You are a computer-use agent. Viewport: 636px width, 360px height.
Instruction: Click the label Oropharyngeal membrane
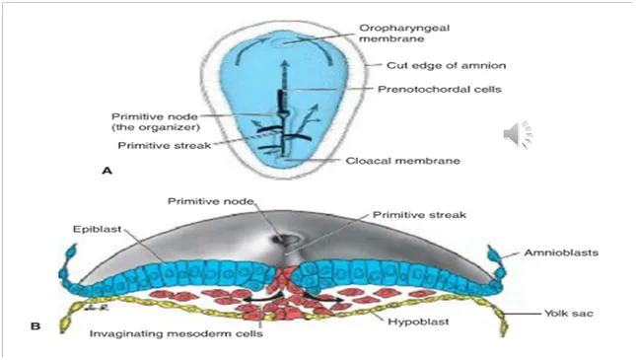(x=404, y=34)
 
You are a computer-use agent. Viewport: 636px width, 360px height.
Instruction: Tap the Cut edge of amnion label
(x=446, y=65)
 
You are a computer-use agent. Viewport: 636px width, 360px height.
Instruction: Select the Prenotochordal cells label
(x=439, y=90)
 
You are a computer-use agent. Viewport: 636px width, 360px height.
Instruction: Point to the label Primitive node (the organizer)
(x=156, y=121)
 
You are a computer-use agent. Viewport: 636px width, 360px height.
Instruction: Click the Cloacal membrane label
(x=402, y=161)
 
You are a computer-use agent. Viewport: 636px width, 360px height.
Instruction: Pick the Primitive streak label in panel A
(x=165, y=145)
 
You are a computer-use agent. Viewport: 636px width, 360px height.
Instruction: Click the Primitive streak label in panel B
(x=419, y=215)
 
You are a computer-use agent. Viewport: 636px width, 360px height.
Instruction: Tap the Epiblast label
(x=97, y=229)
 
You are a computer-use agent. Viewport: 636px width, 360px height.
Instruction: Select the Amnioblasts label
(x=561, y=252)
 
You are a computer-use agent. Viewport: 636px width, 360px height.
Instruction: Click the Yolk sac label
(x=569, y=314)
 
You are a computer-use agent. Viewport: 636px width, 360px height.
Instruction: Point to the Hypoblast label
(x=418, y=323)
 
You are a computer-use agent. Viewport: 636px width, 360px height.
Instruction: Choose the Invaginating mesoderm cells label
(x=177, y=333)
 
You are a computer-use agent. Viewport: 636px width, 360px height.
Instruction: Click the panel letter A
(x=106, y=171)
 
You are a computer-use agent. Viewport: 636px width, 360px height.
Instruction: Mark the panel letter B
(x=35, y=325)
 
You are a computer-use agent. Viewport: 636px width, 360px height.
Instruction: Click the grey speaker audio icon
(x=518, y=135)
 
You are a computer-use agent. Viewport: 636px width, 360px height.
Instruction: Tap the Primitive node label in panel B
(x=210, y=201)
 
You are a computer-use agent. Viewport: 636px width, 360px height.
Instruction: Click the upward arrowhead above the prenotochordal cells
(x=285, y=63)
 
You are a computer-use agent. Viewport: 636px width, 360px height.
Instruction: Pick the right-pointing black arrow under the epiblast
(x=323, y=298)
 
